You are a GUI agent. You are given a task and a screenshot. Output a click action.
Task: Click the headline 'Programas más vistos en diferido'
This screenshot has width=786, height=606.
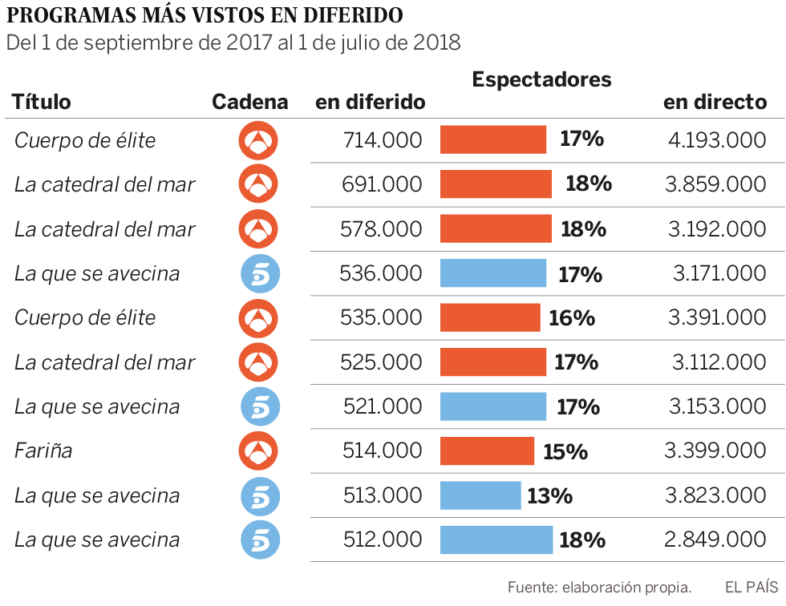click(205, 15)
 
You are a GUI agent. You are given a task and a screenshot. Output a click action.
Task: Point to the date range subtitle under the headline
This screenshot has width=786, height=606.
click(233, 42)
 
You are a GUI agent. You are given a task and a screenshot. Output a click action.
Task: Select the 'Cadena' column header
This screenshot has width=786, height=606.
click(249, 102)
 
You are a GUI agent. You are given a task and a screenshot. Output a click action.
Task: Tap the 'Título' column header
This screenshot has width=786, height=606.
click(42, 102)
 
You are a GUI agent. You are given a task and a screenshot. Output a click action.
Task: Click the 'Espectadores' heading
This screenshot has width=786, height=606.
click(541, 79)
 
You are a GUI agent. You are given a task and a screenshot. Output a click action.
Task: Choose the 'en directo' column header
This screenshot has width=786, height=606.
click(715, 102)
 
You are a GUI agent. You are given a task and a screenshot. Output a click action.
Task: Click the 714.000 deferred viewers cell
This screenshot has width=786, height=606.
click(382, 140)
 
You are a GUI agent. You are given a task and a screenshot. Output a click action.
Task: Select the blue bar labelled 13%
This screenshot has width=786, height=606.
click(480, 495)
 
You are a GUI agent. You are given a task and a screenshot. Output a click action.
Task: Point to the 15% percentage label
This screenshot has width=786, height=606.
click(565, 451)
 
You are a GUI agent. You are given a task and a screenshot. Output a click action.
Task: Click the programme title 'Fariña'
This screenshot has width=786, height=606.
click(43, 451)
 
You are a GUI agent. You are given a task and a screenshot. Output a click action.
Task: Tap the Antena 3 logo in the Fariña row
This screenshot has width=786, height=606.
click(259, 451)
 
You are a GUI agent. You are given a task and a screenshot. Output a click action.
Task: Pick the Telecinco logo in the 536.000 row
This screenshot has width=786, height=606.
click(259, 273)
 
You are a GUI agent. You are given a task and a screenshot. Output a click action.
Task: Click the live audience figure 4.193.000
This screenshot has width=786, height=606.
click(716, 140)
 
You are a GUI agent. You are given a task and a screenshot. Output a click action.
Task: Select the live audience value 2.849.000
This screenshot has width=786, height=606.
click(715, 539)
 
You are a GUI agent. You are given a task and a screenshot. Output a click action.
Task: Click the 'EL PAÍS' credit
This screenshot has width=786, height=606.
click(751, 587)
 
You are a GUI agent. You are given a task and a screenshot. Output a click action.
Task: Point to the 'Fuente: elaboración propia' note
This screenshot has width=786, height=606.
click(599, 587)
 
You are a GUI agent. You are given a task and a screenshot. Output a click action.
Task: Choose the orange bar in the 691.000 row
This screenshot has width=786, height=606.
click(496, 184)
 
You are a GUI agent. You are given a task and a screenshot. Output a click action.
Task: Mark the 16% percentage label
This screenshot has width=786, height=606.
click(572, 318)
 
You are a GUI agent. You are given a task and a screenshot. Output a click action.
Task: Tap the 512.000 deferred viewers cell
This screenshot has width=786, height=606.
click(382, 539)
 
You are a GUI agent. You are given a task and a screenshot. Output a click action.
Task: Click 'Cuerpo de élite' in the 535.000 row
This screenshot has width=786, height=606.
click(85, 318)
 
